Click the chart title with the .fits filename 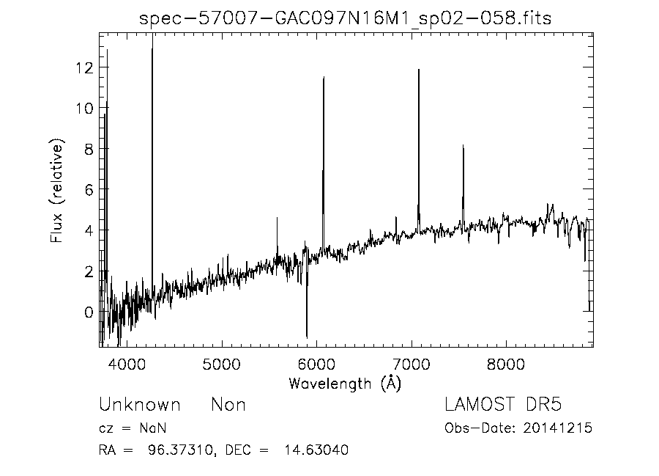pyautogui.click(x=346, y=19)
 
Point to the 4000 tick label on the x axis pyautogui.click(x=127, y=363)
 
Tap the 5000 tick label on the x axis pyautogui.click(x=222, y=363)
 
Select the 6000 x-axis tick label pyautogui.click(x=316, y=363)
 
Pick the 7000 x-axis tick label pyautogui.click(x=412, y=363)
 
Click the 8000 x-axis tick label pyautogui.click(x=507, y=363)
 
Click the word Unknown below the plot pyautogui.click(x=139, y=404)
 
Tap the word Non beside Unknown pyautogui.click(x=228, y=404)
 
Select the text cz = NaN pyautogui.click(x=135, y=428)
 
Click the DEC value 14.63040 pyautogui.click(x=315, y=450)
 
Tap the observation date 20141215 pyautogui.click(x=559, y=428)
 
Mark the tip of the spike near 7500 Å pyautogui.click(x=463, y=146)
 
